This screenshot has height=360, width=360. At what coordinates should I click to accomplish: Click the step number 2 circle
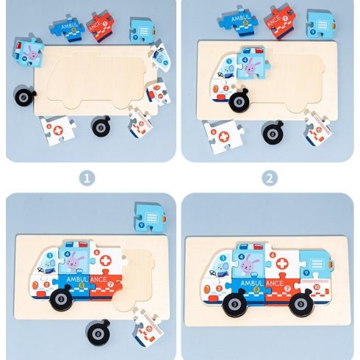[x=270, y=178]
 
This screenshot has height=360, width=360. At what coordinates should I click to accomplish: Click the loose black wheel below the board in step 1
[x=101, y=126]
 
